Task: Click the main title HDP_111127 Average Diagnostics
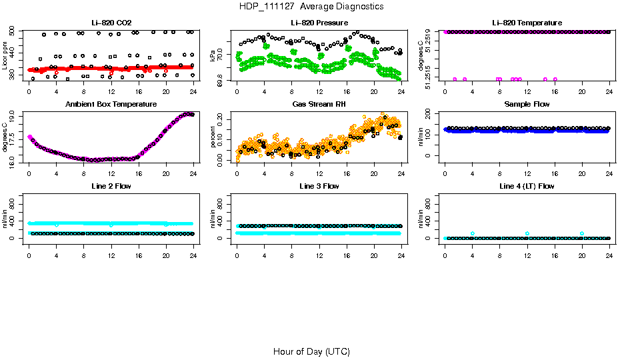tap(311, 7)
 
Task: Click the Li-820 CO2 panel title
tap(111, 23)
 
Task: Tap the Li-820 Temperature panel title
tap(527, 23)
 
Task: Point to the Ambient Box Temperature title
tap(111, 105)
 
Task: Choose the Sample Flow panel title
tap(527, 105)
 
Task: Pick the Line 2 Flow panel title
tap(111, 186)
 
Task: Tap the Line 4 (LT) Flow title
tap(527, 186)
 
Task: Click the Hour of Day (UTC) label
tap(311, 351)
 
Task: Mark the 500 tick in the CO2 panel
tap(13, 32)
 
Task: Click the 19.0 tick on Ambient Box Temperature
tap(13, 115)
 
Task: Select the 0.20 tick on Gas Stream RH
tap(221, 121)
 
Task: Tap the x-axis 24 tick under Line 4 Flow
tap(609, 247)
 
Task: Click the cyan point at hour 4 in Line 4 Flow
tap(472, 233)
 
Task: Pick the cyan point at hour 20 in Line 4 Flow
tap(582, 233)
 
